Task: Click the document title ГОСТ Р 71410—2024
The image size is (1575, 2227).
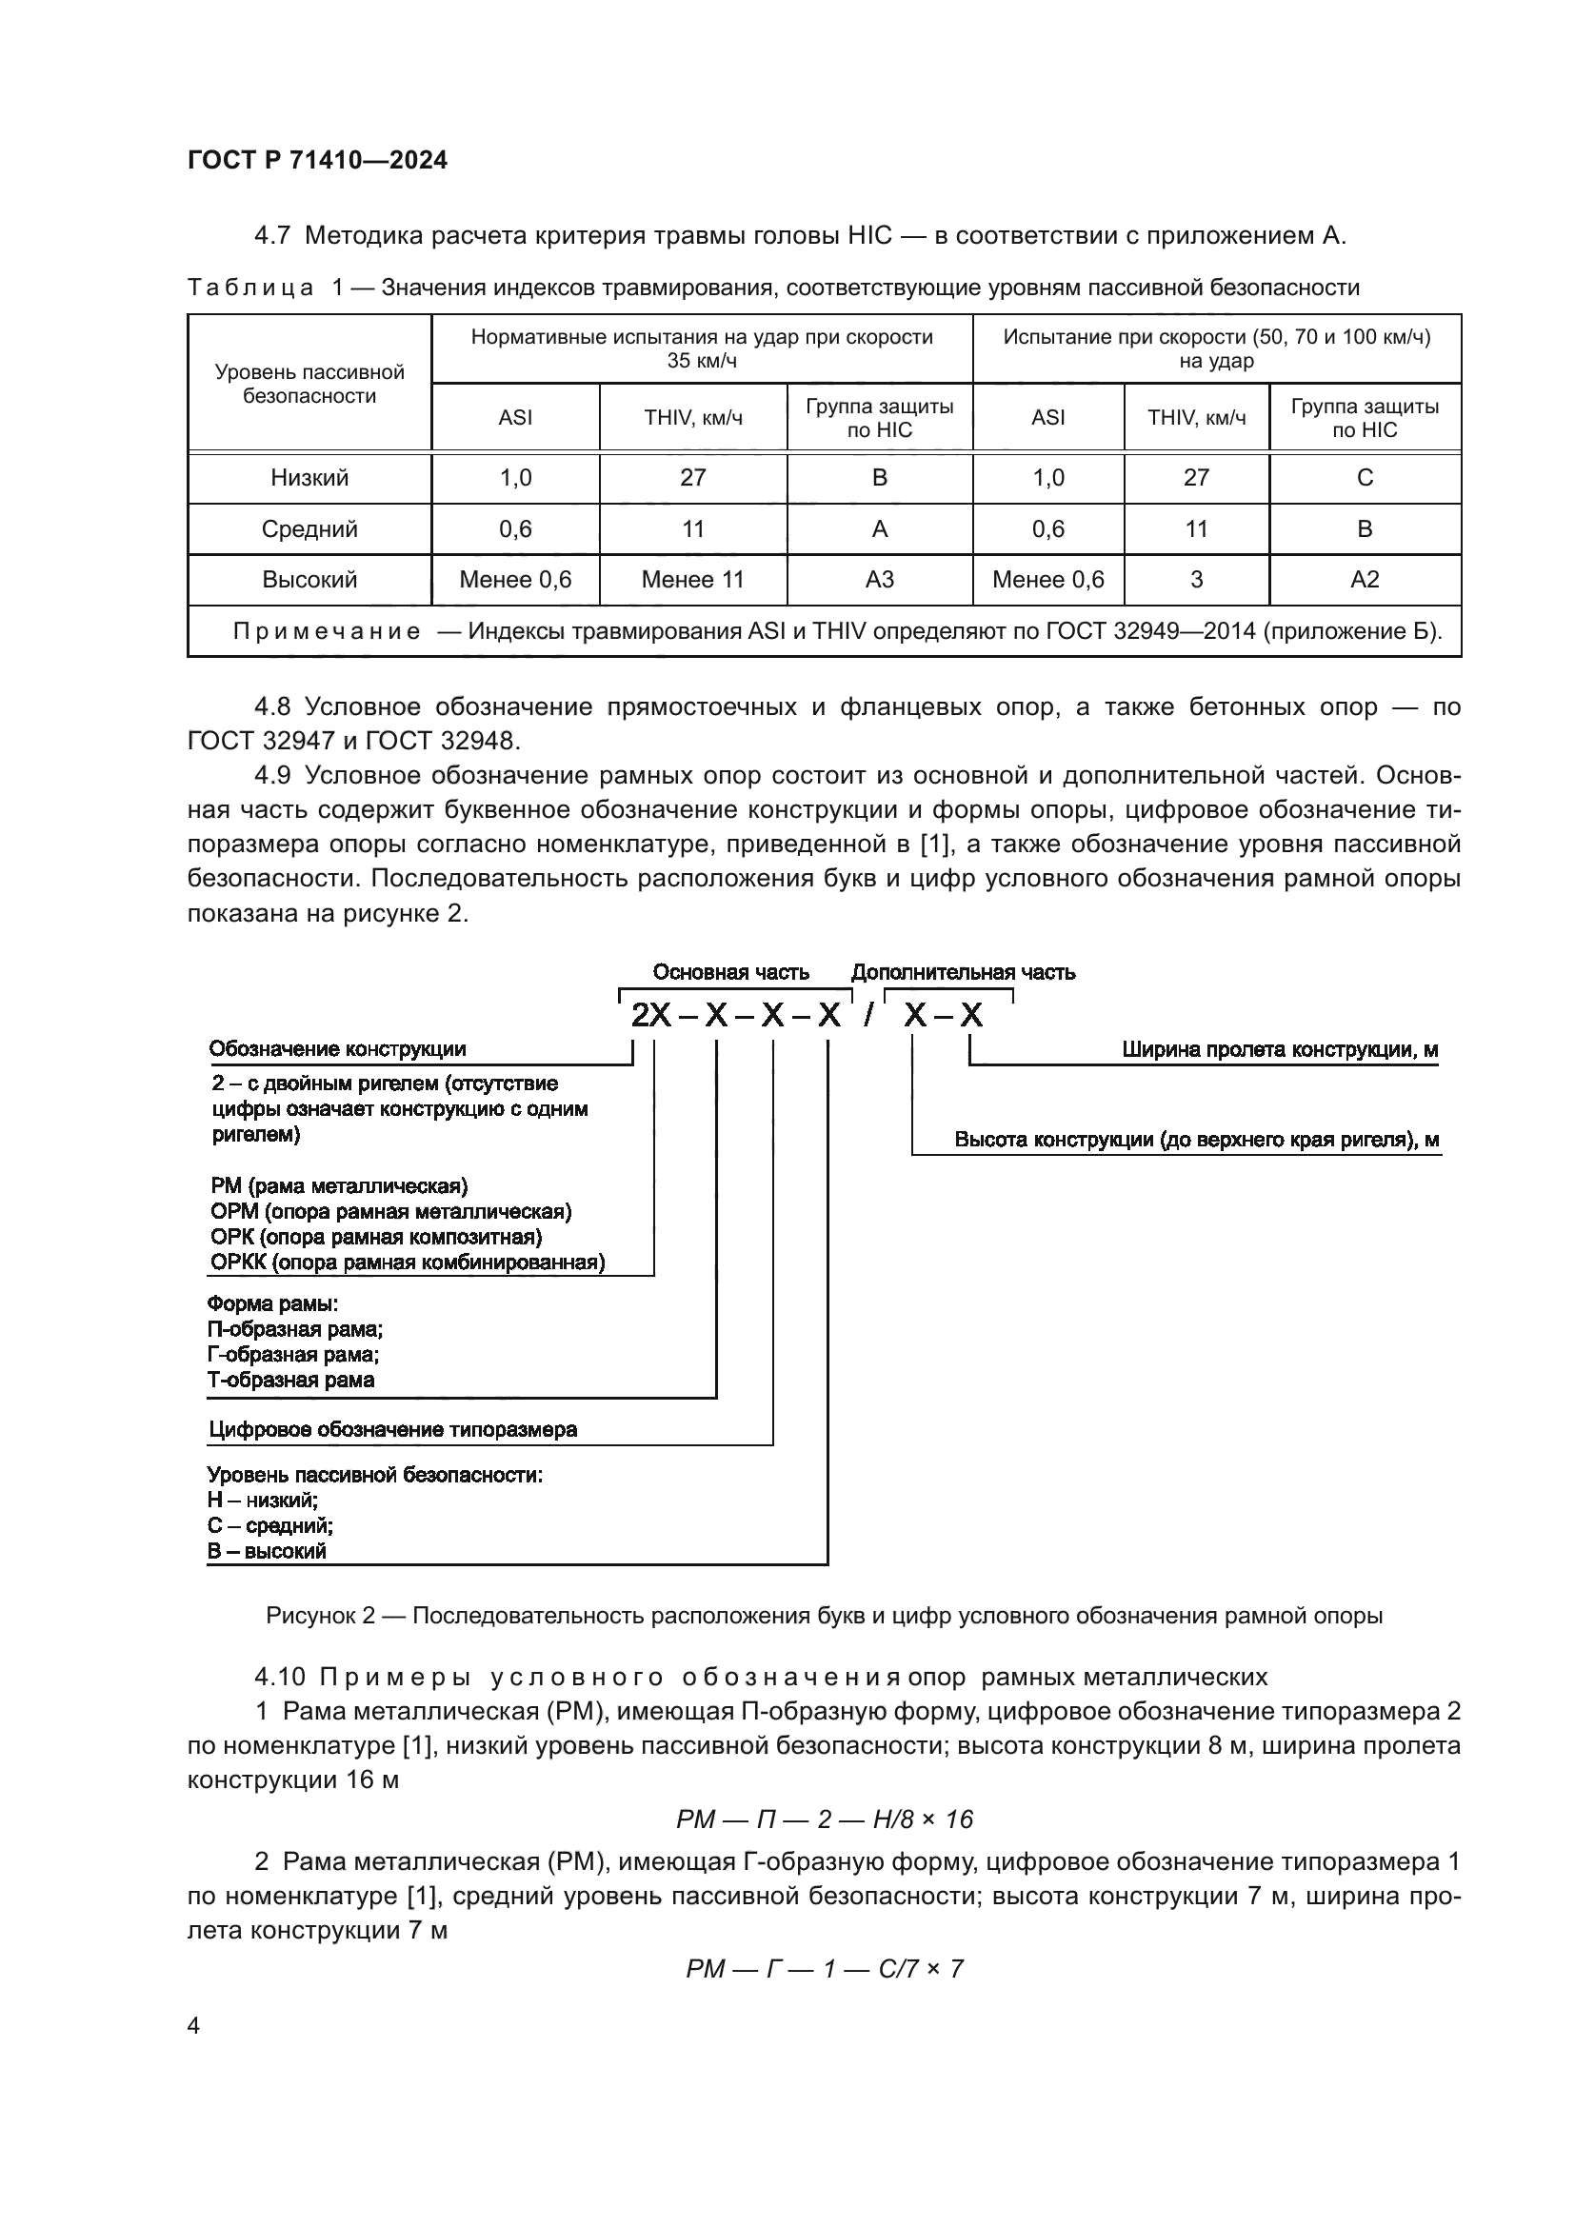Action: pos(317,161)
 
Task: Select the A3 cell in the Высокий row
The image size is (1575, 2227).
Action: pos(879,580)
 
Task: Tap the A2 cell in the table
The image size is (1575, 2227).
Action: pos(1364,580)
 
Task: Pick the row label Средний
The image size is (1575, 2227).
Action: pos(309,528)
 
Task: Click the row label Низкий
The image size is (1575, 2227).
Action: pos(309,477)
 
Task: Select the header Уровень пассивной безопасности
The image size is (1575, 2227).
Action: pos(309,384)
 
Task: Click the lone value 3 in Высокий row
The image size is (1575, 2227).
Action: pos(1196,580)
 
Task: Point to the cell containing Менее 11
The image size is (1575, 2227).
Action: pos(692,580)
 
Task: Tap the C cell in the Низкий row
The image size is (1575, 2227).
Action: pos(1364,477)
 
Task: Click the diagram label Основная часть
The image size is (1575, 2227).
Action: pos(730,972)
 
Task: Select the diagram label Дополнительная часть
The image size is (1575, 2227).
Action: pos(962,972)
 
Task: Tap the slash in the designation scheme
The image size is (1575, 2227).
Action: pos(869,1016)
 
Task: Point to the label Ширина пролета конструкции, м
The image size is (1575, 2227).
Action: pos(1279,1049)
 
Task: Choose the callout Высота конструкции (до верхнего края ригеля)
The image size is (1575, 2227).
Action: pos(1197,1140)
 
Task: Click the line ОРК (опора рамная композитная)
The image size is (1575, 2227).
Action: pos(376,1237)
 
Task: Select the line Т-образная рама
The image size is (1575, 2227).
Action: pos(291,1381)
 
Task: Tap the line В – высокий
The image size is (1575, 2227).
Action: pos(267,1551)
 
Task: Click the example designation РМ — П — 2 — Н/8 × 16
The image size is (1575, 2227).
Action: pos(825,1819)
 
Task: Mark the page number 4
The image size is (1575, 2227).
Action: pos(193,2026)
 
